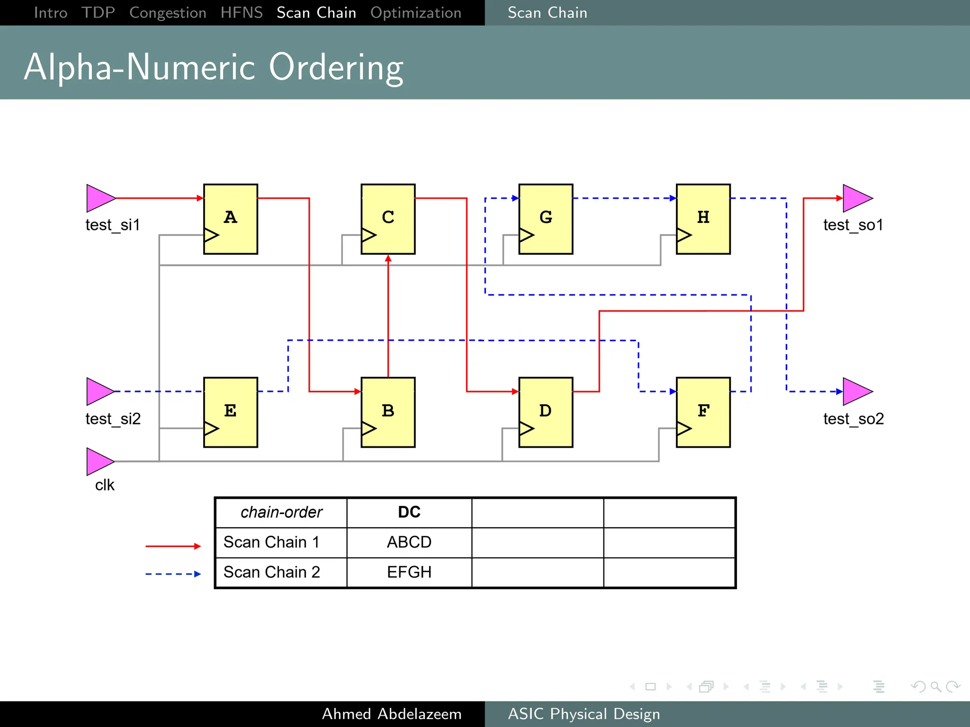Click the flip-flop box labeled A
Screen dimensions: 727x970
[x=230, y=219]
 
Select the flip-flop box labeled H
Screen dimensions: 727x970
[x=703, y=219]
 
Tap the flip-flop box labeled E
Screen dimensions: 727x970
[x=230, y=412]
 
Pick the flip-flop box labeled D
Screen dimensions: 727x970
[x=546, y=412]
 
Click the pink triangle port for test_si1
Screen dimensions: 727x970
[x=99, y=198]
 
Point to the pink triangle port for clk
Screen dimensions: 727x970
[x=99, y=461]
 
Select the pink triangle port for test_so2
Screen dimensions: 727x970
[x=856, y=391]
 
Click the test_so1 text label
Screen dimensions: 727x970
[x=853, y=225]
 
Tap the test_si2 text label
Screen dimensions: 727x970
[x=113, y=419]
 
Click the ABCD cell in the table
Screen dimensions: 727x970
[x=409, y=542]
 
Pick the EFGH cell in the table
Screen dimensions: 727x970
[x=409, y=572]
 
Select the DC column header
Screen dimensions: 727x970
[x=409, y=512]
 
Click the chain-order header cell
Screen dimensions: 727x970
[x=281, y=512]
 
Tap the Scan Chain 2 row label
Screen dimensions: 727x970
[x=272, y=572]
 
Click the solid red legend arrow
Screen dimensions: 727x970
[x=173, y=546]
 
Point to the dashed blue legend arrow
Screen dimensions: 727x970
[x=173, y=574]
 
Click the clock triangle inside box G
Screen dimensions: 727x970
[x=526, y=235]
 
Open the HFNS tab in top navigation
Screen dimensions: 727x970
[x=242, y=13]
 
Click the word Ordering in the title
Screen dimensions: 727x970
[x=336, y=68]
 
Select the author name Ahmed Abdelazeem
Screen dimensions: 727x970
[x=392, y=714]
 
